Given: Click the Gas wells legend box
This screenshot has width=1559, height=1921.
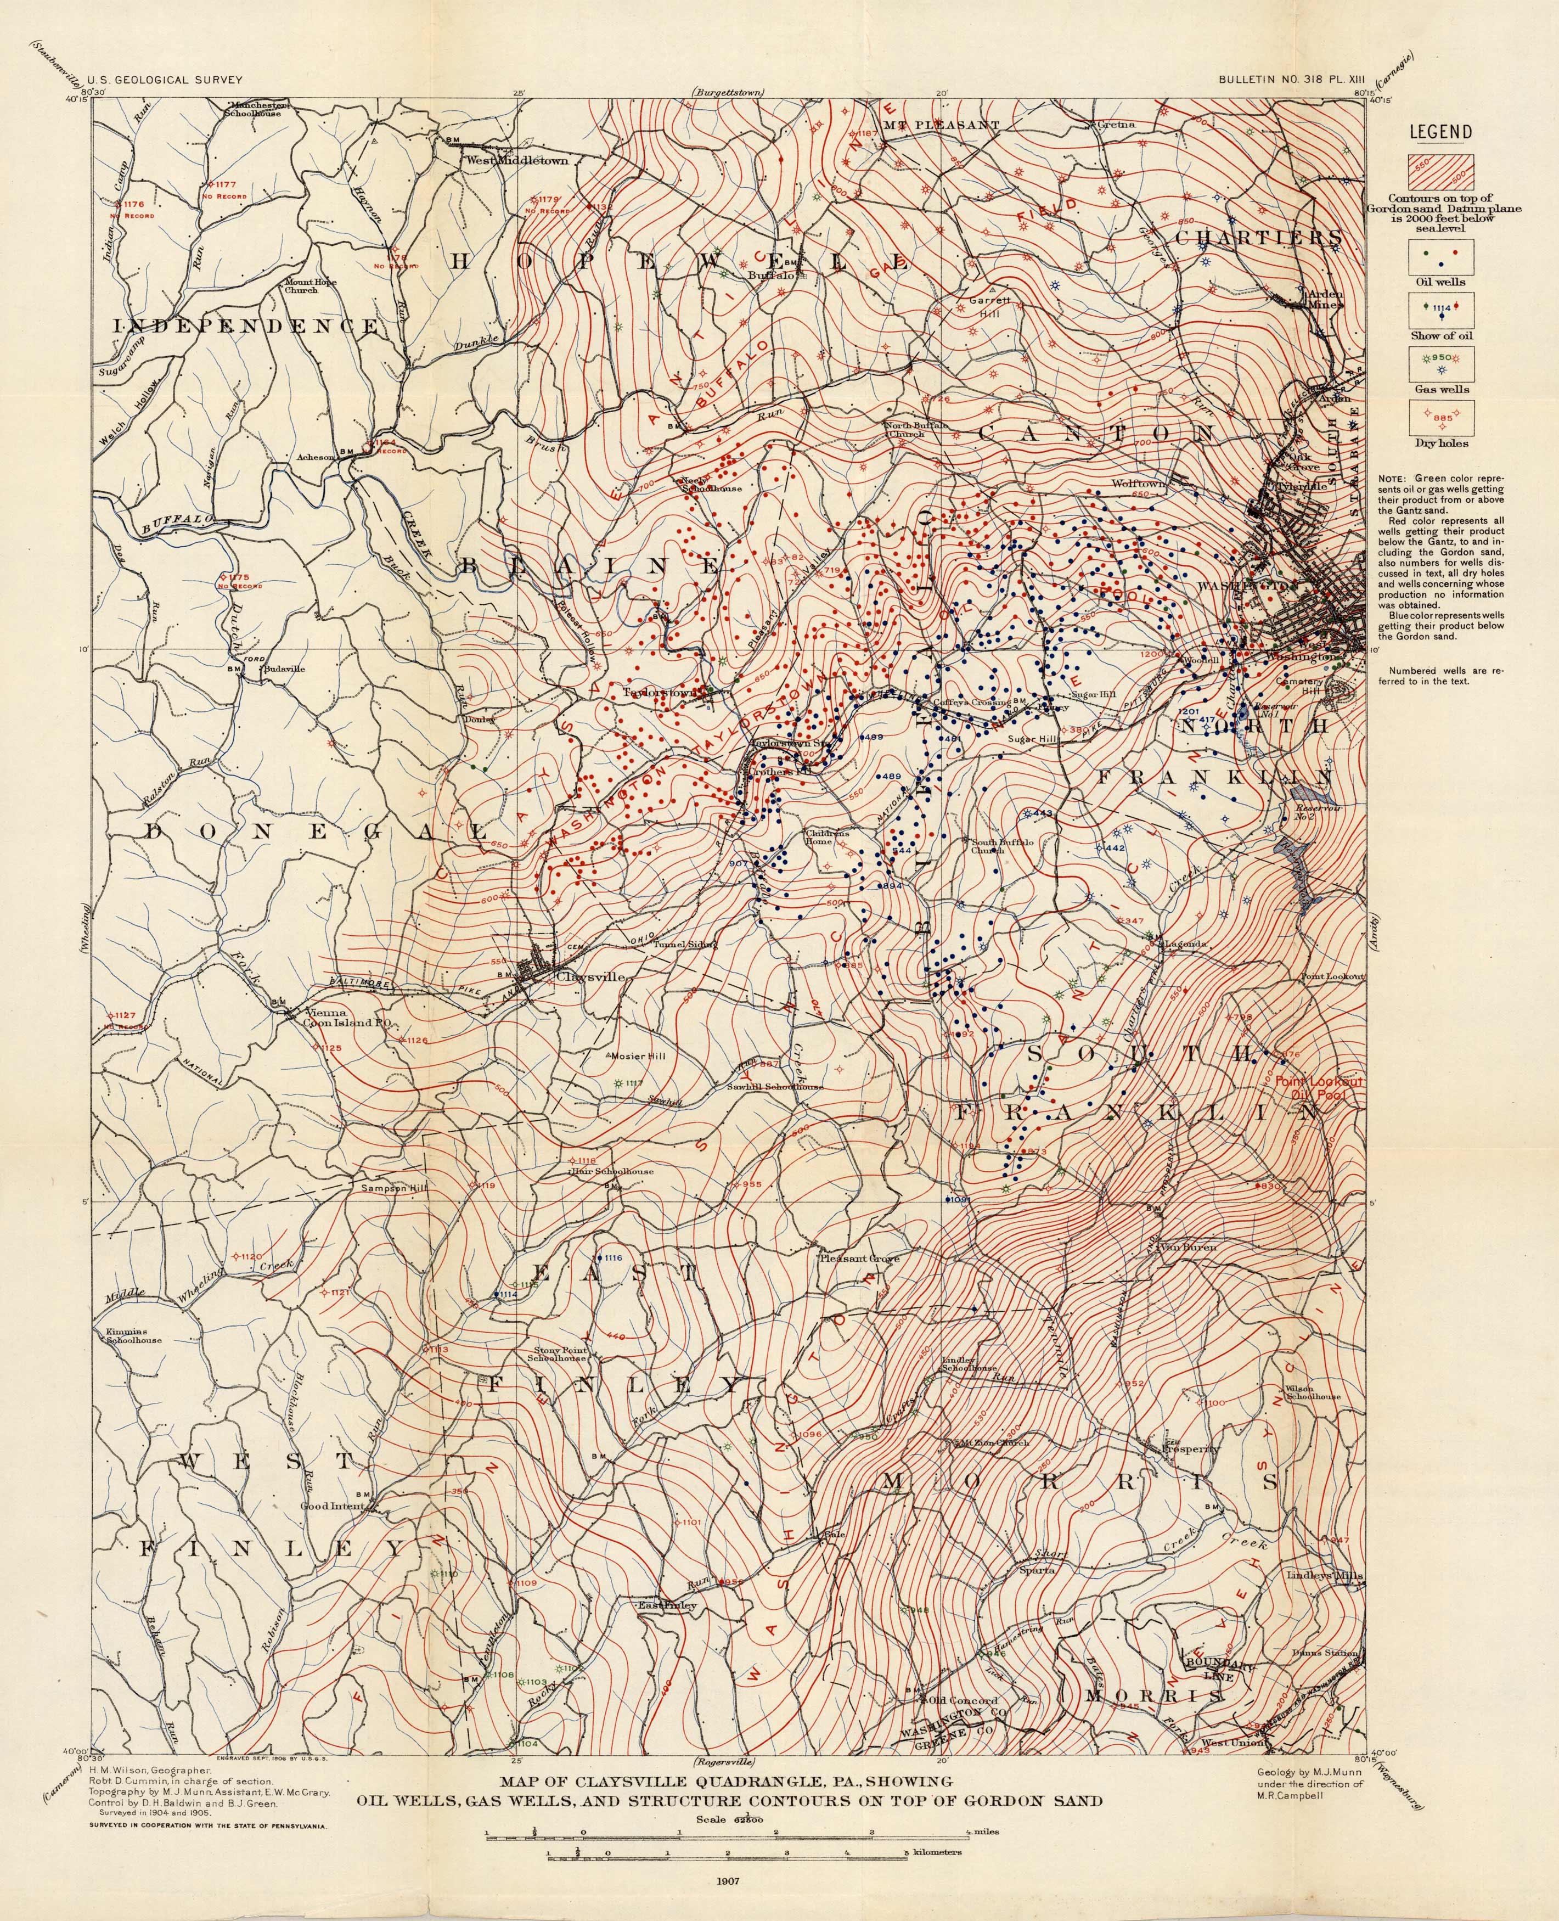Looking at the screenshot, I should tap(1440, 362).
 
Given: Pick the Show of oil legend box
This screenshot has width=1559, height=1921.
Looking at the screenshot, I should tap(1440, 308).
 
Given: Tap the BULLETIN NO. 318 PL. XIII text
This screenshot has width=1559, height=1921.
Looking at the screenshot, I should tap(1291, 80).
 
